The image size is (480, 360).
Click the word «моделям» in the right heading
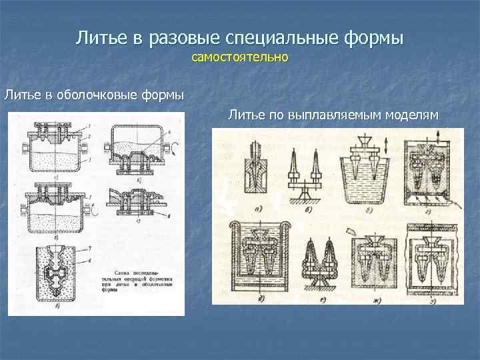tap(414, 116)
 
